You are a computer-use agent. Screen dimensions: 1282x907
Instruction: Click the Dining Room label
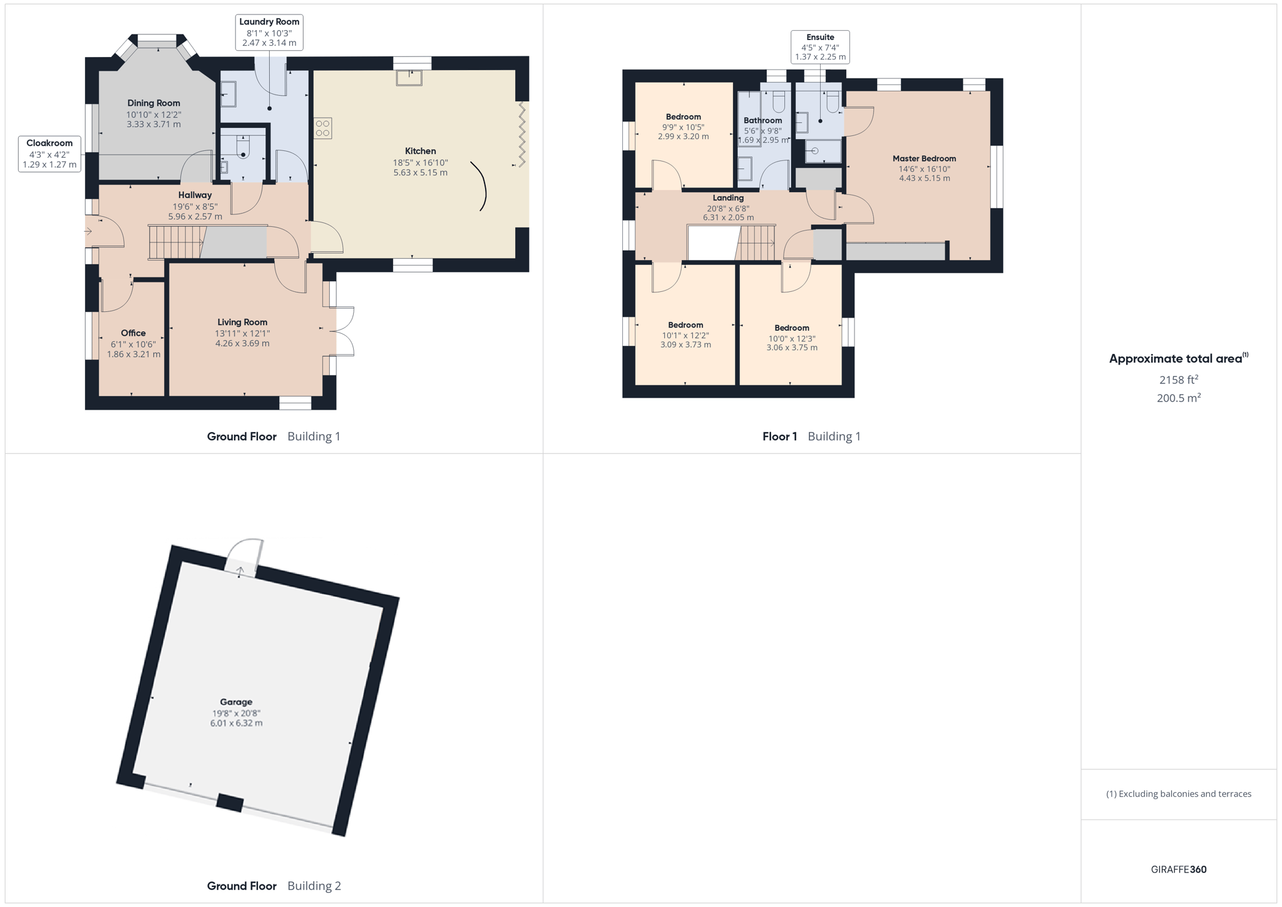coord(153,103)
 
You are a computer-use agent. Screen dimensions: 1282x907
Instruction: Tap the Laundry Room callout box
coord(269,32)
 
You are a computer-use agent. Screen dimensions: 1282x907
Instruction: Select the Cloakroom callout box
coord(49,153)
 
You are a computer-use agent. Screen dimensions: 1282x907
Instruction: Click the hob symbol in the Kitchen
coord(323,128)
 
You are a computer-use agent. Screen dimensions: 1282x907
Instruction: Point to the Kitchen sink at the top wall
coord(409,78)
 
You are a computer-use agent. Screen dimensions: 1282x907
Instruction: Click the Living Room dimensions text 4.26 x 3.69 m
coord(242,343)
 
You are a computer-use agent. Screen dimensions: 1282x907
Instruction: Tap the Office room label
coord(133,333)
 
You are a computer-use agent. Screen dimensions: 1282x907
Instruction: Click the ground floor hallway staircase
coord(177,242)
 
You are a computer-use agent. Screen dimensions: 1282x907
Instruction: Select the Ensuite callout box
coord(820,47)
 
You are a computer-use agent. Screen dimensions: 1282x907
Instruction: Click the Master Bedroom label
coord(925,158)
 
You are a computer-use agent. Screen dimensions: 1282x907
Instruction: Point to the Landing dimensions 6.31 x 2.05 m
coord(728,218)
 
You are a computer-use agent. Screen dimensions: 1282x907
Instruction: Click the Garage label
coord(236,702)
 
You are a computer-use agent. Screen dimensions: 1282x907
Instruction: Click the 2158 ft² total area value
coord(1179,380)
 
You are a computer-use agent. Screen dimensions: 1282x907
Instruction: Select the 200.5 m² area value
coord(1179,398)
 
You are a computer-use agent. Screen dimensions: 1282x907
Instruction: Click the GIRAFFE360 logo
coord(1179,869)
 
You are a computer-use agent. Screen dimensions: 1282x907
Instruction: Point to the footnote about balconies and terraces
coord(1179,794)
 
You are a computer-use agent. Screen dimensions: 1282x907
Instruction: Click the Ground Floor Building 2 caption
coord(274,886)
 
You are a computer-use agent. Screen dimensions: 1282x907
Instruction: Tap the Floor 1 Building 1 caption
coord(811,437)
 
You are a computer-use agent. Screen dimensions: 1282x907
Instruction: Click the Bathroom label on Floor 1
coord(762,120)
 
